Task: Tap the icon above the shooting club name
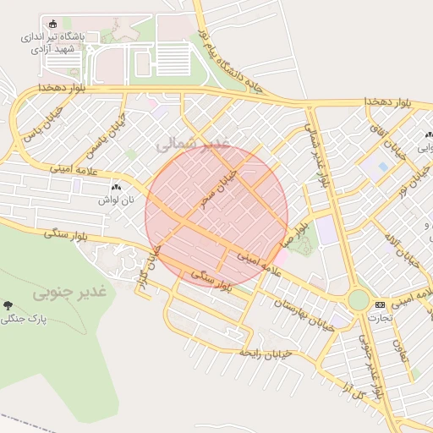tap(55, 23)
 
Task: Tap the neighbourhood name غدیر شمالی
tap(193, 145)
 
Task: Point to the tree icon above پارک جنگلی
tap(8, 305)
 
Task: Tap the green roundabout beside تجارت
tap(359, 299)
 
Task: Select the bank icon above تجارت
tap(380, 304)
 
